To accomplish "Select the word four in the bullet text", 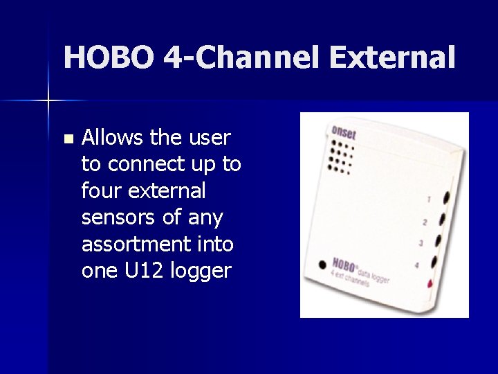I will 101,190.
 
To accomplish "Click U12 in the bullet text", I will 142,270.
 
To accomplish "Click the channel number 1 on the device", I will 428,199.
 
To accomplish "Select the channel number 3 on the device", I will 421,243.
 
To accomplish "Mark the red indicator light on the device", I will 430,283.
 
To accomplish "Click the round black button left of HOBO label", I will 322,265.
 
